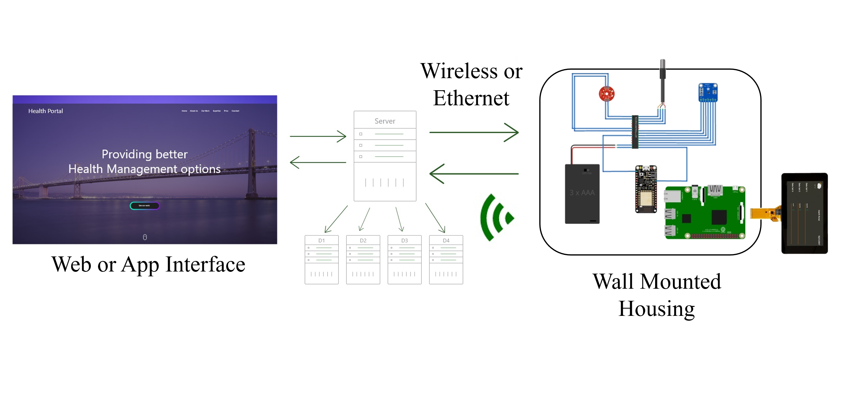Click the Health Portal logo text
tap(45, 111)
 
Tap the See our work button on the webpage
tap(145, 205)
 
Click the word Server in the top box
tap(385, 121)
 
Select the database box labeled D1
tap(322, 259)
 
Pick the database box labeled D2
tap(363, 259)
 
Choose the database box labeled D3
tap(404, 259)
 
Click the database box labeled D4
tap(446, 259)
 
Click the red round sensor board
tap(607, 94)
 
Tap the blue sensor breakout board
tap(708, 92)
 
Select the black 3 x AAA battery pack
tap(582, 193)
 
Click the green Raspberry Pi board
tap(705, 212)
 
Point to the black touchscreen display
tap(804, 213)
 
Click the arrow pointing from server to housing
tap(474, 132)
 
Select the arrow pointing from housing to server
tap(474, 173)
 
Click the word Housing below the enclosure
tap(656, 309)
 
